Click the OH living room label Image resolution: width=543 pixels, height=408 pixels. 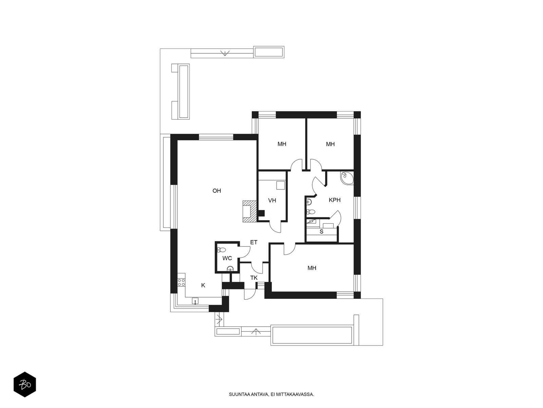click(x=217, y=191)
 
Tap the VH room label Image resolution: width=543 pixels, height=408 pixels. click(x=272, y=200)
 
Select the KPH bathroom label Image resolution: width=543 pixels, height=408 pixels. click(x=335, y=200)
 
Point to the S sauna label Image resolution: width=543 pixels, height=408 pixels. click(x=321, y=232)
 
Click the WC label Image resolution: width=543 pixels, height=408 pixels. click(x=227, y=258)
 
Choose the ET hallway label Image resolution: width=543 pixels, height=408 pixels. click(x=254, y=242)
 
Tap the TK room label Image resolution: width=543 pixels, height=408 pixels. click(x=254, y=278)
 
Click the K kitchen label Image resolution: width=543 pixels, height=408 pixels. click(x=203, y=285)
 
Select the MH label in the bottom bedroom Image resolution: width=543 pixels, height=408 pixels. click(x=312, y=268)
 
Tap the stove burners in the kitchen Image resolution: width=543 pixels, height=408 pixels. click(x=181, y=282)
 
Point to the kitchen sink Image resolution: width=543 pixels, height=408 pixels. click(x=195, y=301)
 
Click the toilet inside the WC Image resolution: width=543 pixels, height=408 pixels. click(x=221, y=250)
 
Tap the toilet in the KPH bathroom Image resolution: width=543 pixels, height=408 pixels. click(x=310, y=211)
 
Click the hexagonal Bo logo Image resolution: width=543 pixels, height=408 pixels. click(x=25, y=384)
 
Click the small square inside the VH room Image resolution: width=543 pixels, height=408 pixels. click(x=281, y=185)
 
